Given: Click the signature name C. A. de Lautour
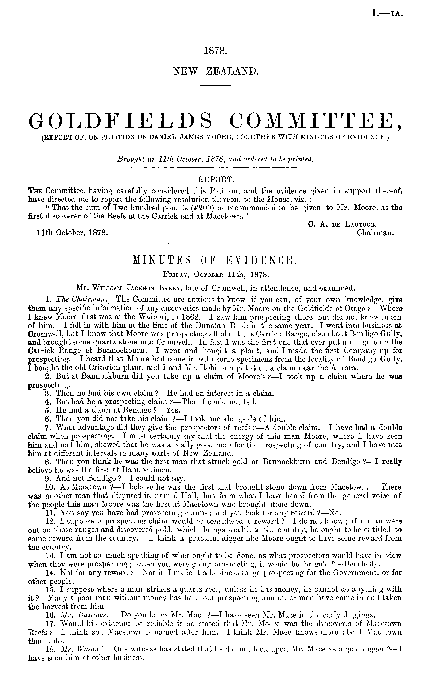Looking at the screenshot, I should pyautogui.click(x=342, y=225).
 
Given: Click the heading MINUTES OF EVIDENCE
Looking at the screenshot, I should pyautogui.click(x=215, y=260).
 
